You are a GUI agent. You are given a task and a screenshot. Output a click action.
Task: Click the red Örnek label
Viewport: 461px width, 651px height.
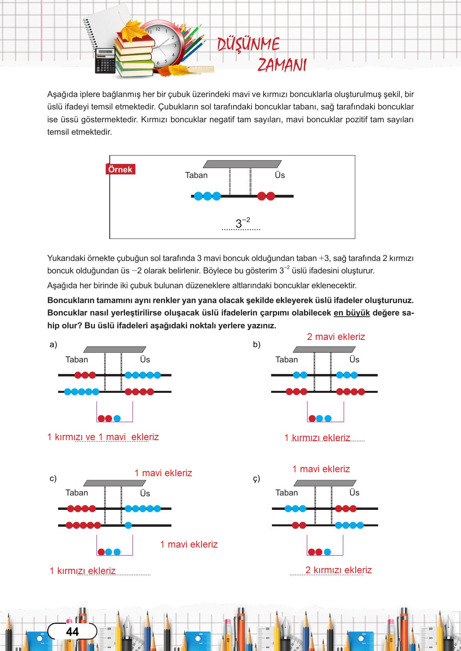(x=120, y=169)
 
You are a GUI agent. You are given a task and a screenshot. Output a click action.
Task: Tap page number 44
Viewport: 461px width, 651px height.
(x=72, y=632)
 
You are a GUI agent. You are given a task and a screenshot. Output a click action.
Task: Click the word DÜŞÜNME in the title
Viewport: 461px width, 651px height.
(x=248, y=44)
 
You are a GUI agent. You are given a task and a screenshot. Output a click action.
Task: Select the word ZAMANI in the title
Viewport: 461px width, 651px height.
(x=282, y=65)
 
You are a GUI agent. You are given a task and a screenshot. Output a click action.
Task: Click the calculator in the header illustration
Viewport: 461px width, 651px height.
(x=105, y=61)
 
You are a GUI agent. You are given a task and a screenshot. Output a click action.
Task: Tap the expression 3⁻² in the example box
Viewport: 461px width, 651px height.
(x=242, y=223)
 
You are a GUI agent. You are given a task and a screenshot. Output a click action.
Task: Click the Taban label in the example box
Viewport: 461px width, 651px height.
(x=196, y=175)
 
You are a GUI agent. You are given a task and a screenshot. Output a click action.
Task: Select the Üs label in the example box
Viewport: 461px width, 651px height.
(x=280, y=175)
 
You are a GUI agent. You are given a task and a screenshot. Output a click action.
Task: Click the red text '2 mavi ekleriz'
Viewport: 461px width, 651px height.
(x=336, y=337)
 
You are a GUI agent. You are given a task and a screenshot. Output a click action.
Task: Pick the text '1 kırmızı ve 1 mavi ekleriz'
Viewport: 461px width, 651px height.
(x=103, y=437)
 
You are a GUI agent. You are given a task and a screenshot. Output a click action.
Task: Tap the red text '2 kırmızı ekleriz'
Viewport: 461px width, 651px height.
(x=338, y=570)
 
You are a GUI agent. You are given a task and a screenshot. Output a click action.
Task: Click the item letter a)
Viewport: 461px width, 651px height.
(x=53, y=344)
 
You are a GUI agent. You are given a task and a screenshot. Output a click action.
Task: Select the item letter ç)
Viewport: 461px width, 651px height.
(x=256, y=478)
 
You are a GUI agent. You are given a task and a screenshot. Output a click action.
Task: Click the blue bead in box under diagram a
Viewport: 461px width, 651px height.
(x=117, y=418)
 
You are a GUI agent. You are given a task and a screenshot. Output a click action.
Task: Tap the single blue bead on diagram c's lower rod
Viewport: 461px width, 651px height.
(x=128, y=525)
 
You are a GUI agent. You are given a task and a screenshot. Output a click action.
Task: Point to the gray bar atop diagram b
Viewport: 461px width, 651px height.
(x=324, y=350)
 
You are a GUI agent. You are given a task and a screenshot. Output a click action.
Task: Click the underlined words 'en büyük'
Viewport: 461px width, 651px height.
(x=351, y=313)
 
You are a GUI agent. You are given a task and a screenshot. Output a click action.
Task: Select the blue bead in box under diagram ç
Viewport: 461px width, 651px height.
(x=327, y=552)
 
